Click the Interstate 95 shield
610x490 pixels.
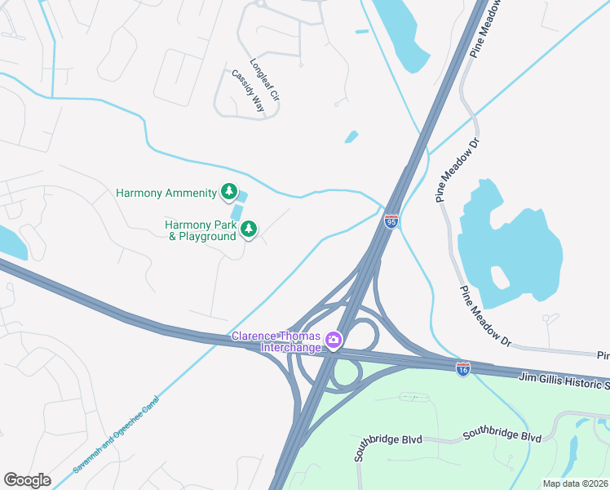pos(391,221)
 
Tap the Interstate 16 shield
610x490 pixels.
pos(463,369)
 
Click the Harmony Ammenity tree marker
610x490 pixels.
pos(230,193)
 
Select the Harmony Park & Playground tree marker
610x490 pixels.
pos(249,229)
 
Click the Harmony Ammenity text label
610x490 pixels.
pos(166,194)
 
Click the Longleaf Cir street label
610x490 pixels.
pos(265,79)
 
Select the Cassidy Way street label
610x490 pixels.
pos(248,90)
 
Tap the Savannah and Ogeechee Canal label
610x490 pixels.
pos(117,434)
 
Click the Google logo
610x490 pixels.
pos(27,480)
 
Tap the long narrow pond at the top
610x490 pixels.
pos(404,33)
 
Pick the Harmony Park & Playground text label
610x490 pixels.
pos(201,230)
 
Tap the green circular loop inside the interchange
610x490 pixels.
pos(347,374)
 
